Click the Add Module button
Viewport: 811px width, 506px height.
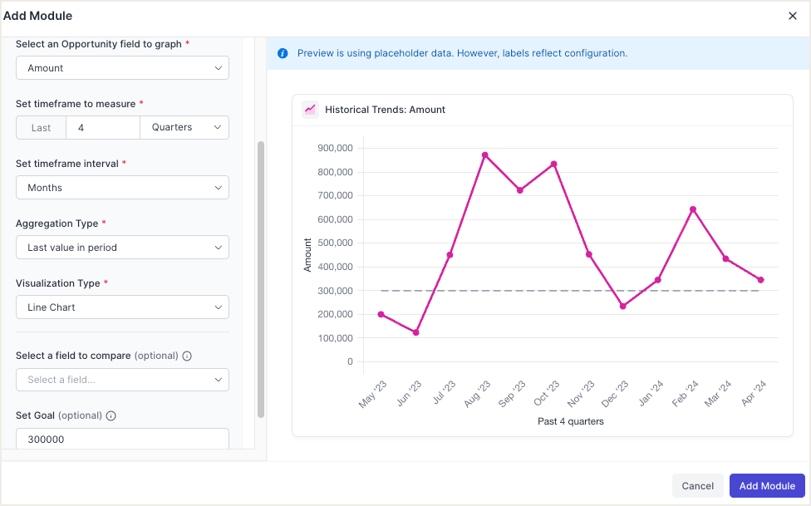point(767,486)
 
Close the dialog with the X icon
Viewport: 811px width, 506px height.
point(793,16)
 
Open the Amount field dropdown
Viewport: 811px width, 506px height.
point(122,68)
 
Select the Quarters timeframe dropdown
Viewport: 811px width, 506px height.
point(184,128)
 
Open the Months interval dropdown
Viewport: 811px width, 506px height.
point(122,188)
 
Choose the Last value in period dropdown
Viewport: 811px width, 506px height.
point(122,248)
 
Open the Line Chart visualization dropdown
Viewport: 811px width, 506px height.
point(122,307)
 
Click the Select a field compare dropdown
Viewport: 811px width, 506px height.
point(122,380)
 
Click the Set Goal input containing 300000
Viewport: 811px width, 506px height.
point(122,440)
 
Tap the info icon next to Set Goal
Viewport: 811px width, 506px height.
point(111,416)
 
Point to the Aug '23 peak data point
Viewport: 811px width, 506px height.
point(484,155)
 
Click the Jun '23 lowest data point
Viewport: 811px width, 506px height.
point(415,332)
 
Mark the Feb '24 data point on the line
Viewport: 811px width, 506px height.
point(692,209)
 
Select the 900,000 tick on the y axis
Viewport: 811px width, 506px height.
point(336,148)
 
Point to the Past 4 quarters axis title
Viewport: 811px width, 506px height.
point(570,421)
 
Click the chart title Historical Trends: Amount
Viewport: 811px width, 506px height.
point(385,110)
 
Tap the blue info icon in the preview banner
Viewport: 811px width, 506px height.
point(283,53)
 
